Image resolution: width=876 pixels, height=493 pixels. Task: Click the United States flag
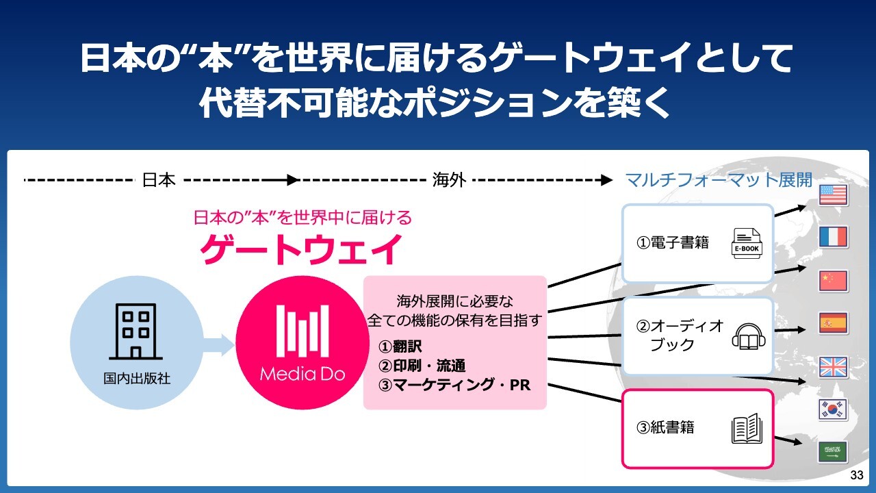click(833, 195)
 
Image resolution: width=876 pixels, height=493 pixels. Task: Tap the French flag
click(833, 238)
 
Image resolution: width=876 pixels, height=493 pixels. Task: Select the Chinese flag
click(833, 281)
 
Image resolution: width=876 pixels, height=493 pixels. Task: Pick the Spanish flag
click(833, 323)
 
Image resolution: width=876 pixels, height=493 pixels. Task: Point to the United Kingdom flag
click(833, 367)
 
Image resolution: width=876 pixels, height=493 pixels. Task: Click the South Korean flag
click(833, 409)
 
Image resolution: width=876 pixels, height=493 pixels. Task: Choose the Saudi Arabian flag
click(833, 452)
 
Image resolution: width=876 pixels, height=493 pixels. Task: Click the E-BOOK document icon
click(746, 243)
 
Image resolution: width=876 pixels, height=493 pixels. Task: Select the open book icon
click(746, 429)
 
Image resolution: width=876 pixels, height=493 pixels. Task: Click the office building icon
click(135, 331)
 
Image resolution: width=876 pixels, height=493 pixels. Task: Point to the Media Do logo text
click(302, 374)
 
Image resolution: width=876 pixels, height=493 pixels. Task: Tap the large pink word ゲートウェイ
click(300, 249)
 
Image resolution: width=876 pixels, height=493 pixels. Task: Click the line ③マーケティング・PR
click(454, 385)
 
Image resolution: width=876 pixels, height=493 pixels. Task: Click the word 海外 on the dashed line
click(449, 180)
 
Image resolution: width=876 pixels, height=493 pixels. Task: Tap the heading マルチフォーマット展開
click(719, 180)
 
